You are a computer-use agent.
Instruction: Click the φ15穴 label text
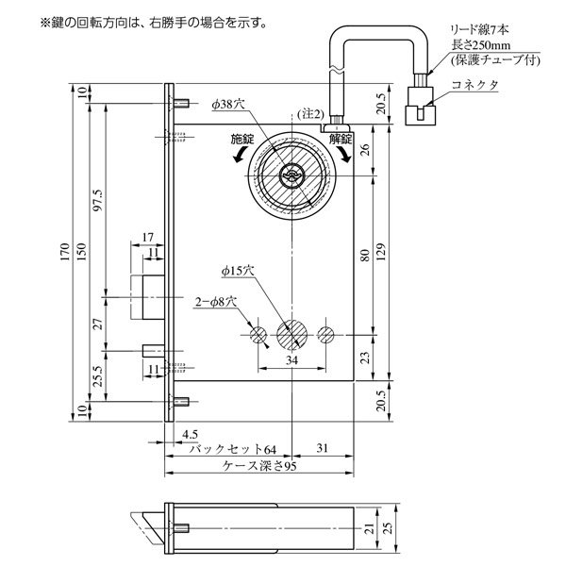point(238,271)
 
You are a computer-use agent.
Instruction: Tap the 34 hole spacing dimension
point(292,360)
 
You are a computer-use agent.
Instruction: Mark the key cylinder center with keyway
point(292,175)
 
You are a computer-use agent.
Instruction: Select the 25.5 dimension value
point(98,376)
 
